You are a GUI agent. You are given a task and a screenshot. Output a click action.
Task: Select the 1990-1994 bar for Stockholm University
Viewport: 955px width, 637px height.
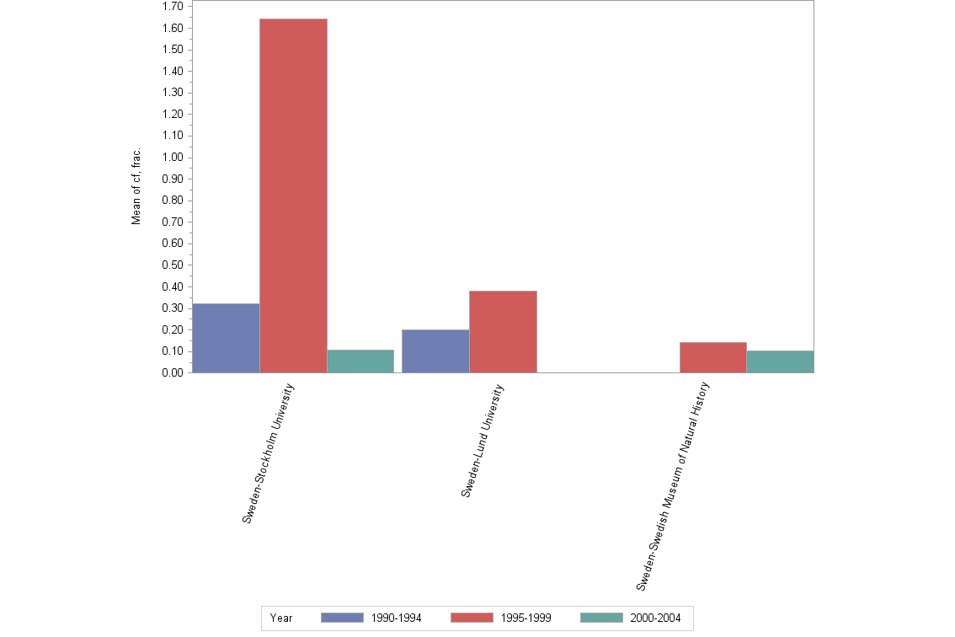click(226, 338)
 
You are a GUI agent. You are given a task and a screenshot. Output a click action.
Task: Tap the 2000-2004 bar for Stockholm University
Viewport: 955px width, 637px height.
click(360, 361)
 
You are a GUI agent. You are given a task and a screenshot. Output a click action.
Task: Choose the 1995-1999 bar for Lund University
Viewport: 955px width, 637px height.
click(503, 331)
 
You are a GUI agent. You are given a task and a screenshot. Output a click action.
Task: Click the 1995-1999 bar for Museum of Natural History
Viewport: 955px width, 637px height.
click(712, 357)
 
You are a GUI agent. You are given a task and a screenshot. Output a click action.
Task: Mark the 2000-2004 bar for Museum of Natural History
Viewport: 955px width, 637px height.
click(780, 361)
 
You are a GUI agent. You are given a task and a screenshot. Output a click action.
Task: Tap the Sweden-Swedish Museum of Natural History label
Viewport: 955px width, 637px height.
click(674, 486)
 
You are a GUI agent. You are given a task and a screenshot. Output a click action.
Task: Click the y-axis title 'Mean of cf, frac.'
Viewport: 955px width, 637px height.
click(136, 187)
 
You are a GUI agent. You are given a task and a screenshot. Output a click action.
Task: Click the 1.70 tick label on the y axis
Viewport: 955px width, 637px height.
click(173, 7)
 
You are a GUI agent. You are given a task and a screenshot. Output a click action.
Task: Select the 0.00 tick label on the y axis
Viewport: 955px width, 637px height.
click(173, 373)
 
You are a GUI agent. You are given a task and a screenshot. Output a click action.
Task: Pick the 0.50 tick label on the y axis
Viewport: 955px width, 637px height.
click(173, 265)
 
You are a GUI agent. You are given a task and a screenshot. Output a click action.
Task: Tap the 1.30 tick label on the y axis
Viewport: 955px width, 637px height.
click(173, 93)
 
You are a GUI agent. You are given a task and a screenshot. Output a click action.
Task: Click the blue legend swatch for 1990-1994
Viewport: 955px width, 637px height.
click(342, 618)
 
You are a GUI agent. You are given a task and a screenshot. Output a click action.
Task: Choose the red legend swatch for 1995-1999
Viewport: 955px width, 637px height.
click(472, 618)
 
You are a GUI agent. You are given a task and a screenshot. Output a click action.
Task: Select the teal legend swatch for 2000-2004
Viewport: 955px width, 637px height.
click(601, 618)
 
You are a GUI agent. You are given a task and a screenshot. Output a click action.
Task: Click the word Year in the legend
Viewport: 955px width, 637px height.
click(281, 618)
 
